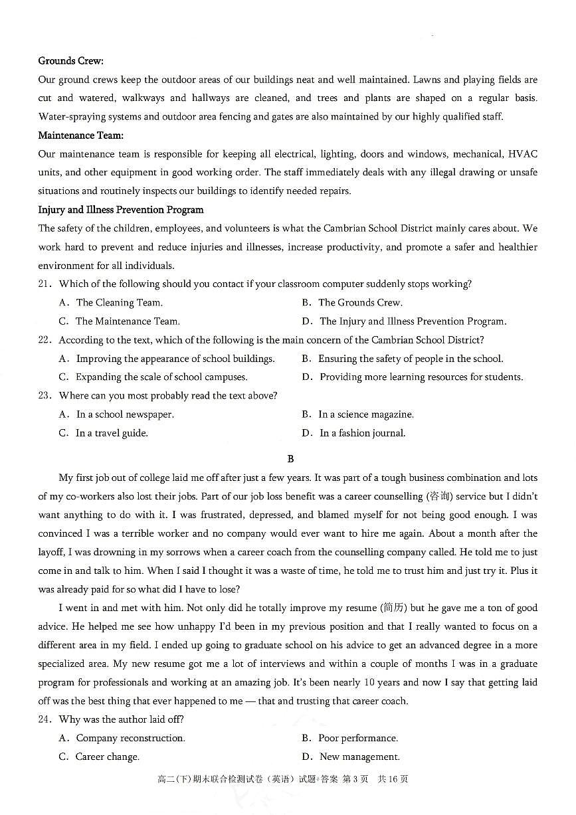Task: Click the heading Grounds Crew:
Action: tap(70, 61)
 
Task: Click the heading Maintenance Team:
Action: tap(81, 136)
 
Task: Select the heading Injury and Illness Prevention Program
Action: tap(121, 210)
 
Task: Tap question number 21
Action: tap(45, 284)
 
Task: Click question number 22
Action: tap(45, 340)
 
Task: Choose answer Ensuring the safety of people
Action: tap(410, 359)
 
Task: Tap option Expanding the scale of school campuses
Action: tap(161, 377)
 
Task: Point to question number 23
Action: tap(45, 396)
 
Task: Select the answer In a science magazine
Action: tap(365, 414)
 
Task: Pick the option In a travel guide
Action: tap(111, 433)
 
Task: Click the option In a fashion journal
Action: tap(362, 433)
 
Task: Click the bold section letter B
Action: tap(290, 459)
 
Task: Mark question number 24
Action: tap(45, 719)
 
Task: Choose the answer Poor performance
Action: tap(357, 738)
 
